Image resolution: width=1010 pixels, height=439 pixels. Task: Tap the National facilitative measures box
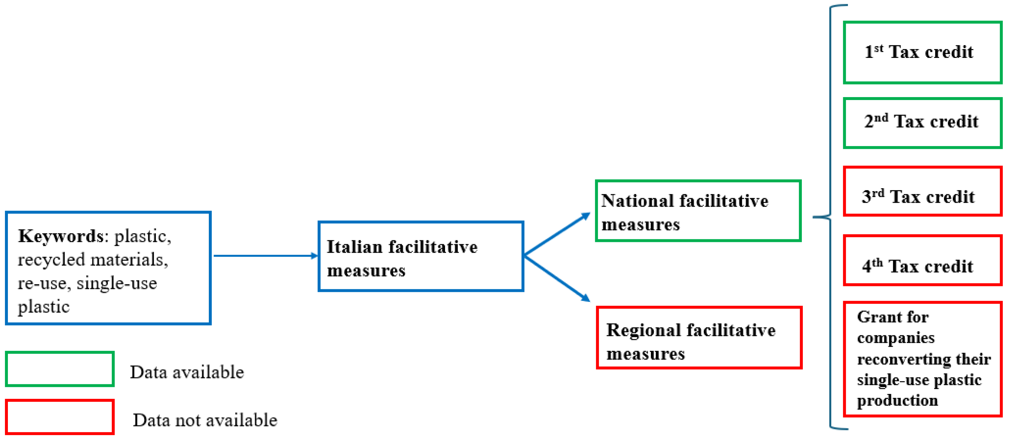698,211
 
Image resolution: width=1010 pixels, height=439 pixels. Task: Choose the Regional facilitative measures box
699,338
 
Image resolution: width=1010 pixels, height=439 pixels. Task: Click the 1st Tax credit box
922,53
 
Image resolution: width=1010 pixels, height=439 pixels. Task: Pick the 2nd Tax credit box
922,123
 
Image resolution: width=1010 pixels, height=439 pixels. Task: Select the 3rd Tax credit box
922,192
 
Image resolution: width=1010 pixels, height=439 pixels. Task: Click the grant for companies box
922,359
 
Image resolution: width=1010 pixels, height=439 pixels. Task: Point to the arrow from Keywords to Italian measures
265,256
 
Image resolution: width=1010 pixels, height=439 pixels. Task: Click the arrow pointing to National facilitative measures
557,235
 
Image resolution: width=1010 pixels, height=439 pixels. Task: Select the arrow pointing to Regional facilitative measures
557,278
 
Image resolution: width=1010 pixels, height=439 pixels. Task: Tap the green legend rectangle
60,369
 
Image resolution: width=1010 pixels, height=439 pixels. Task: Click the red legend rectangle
60,417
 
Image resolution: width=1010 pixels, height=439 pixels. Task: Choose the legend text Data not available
205,420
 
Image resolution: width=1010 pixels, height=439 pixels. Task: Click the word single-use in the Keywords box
116,283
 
